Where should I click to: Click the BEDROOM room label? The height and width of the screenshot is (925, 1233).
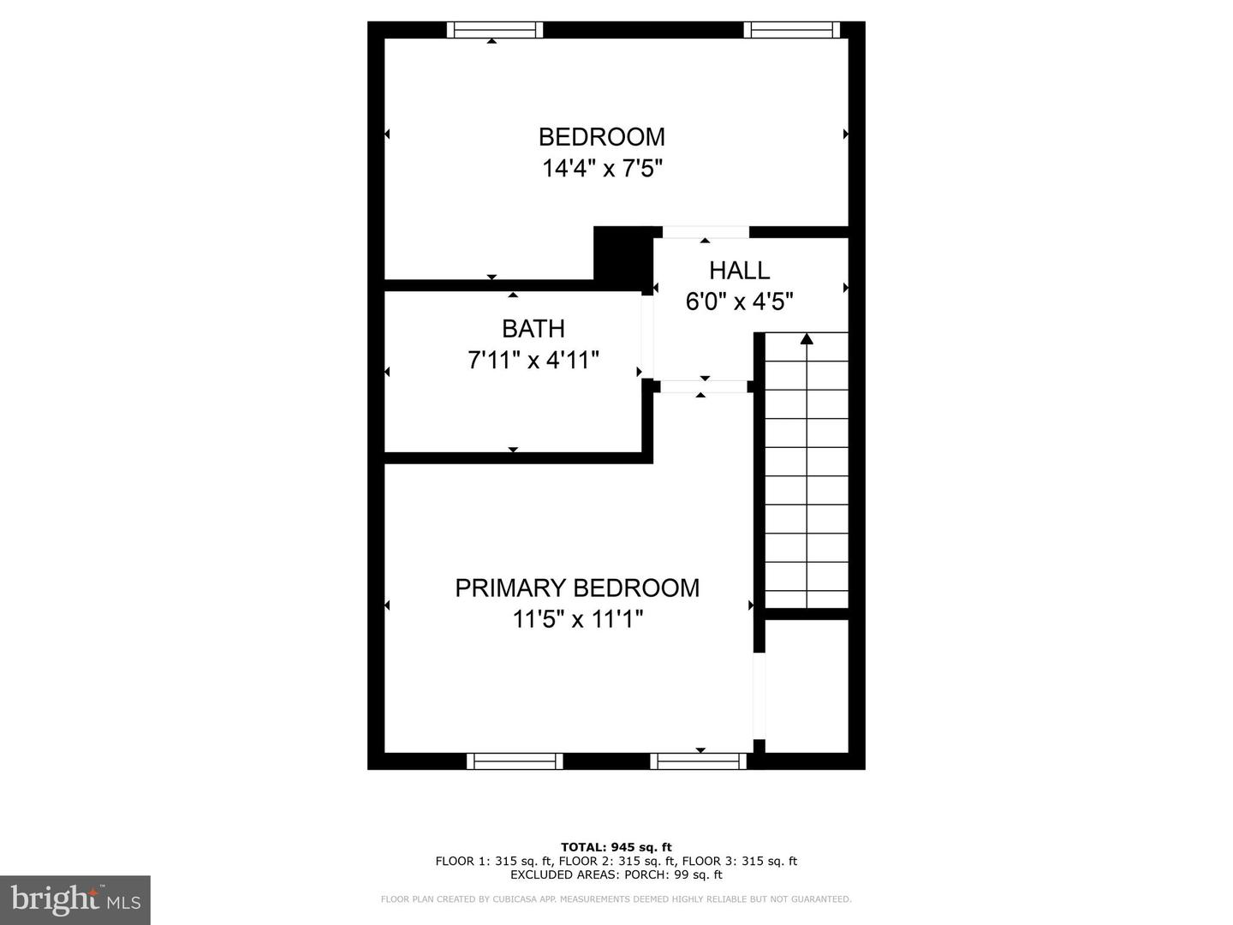(x=601, y=137)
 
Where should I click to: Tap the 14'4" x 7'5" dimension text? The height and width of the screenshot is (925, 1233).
(x=602, y=169)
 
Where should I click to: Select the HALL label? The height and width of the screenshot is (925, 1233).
(x=739, y=271)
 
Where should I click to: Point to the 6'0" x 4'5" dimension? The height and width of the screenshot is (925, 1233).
(x=739, y=301)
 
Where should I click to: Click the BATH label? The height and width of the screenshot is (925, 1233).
(x=533, y=329)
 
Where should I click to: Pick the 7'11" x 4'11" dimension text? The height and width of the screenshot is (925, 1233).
(x=533, y=360)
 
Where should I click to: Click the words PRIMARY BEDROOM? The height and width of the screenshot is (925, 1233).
(x=577, y=588)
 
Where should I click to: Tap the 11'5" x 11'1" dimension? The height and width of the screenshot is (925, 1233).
(x=577, y=618)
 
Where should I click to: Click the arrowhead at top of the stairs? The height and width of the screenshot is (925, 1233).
(x=807, y=339)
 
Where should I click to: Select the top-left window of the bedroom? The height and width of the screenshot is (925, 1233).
(x=495, y=30)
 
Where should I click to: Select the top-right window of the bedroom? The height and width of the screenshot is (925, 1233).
(x=791, y=30)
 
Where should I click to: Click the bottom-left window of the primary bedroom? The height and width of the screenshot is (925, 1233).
(x=515, y=761)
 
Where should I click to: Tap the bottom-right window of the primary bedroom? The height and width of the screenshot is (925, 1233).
(x=699, y=761)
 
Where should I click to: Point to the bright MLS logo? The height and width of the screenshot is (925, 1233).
(x=75, y=899)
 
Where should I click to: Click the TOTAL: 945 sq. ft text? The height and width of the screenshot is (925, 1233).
(x=616, y=848)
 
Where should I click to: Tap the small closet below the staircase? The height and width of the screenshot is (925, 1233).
(x=806, y=685)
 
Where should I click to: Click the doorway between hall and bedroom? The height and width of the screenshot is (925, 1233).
(x=706, y=232)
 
